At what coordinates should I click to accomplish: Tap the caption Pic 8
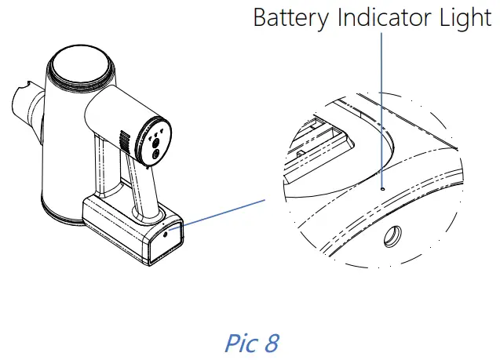tap(250, 343)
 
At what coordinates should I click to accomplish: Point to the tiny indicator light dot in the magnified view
tap(381, 188)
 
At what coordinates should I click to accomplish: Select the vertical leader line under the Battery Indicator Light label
tap(381, 110)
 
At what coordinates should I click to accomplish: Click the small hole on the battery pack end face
tap(165, 234)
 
